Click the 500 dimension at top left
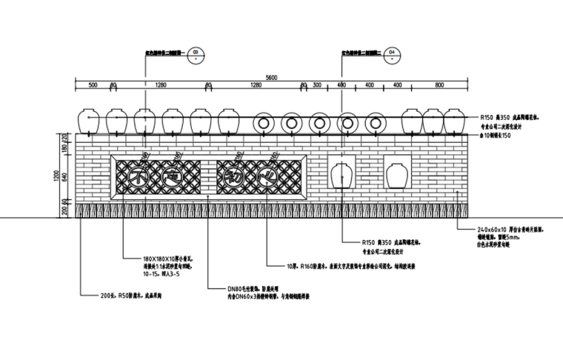click(93, 86)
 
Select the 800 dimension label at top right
click(439, 86)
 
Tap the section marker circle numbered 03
click(196, 53)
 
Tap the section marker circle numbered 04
click(393, 53)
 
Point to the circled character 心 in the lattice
click(267, 176)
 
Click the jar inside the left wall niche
click(342, 175)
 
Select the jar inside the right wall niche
click(396, 175)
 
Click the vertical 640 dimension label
click(64, 176)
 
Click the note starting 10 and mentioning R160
click(361, 264)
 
